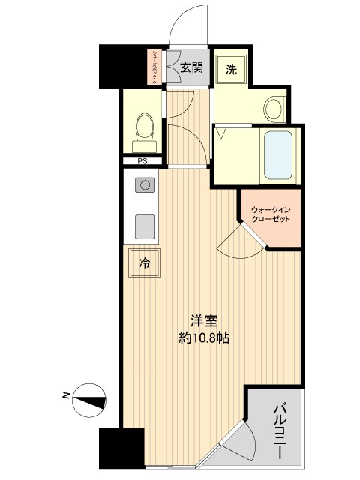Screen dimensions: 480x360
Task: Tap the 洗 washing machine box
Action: click(x=232, y=70)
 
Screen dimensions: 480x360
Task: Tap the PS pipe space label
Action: click(x=141, y=161)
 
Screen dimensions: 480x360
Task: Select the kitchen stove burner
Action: click(x=143, y=184)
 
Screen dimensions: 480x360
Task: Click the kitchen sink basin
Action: click(x=143, y=224)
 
